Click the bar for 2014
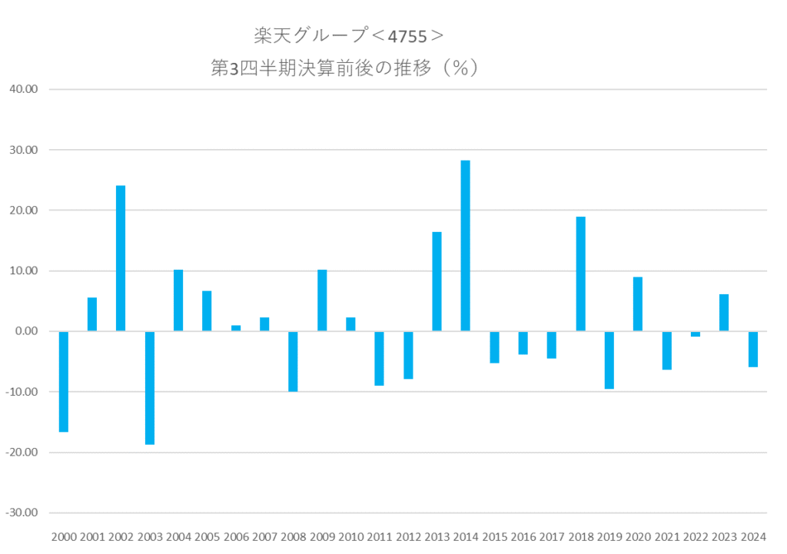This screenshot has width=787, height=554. click(465, 246)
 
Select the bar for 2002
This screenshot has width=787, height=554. click(121, 258)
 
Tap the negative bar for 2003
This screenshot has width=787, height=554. click(150, 387)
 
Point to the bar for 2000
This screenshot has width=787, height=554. click(64, 381)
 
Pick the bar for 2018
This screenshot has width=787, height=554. click(580, 274)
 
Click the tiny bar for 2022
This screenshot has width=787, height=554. click(696, 334)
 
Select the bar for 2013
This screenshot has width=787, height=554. click(437, 281)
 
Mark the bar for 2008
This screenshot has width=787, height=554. click(293, 361)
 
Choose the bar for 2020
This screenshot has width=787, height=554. click(638, 304)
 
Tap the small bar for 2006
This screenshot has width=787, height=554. click(236, 328)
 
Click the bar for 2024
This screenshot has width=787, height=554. click(752, 349)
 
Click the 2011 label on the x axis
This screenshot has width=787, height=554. click(379, 537)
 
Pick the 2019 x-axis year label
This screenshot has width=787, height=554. click(609, 537)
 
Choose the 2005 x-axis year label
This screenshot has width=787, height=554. click(207, 537)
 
